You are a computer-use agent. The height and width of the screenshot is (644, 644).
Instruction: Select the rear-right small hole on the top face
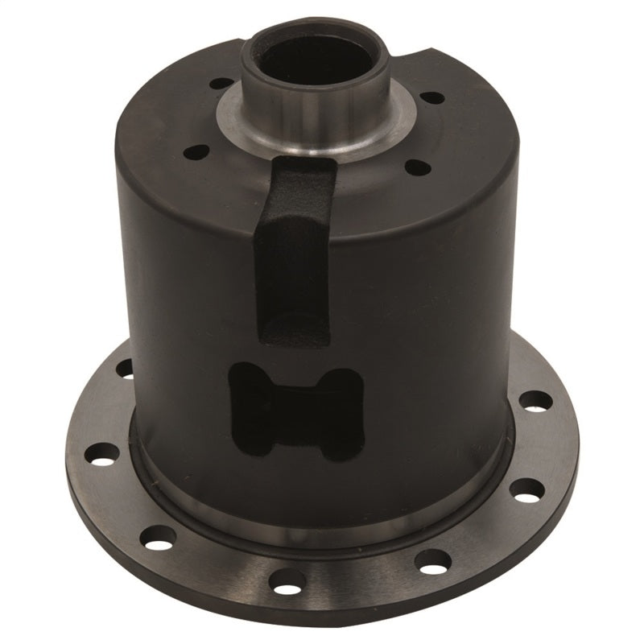431,97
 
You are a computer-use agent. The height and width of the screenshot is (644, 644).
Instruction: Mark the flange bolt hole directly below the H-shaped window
287,577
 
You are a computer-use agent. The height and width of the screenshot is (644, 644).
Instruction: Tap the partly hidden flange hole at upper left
126,369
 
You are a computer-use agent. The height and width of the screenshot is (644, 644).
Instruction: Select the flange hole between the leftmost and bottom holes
160,535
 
